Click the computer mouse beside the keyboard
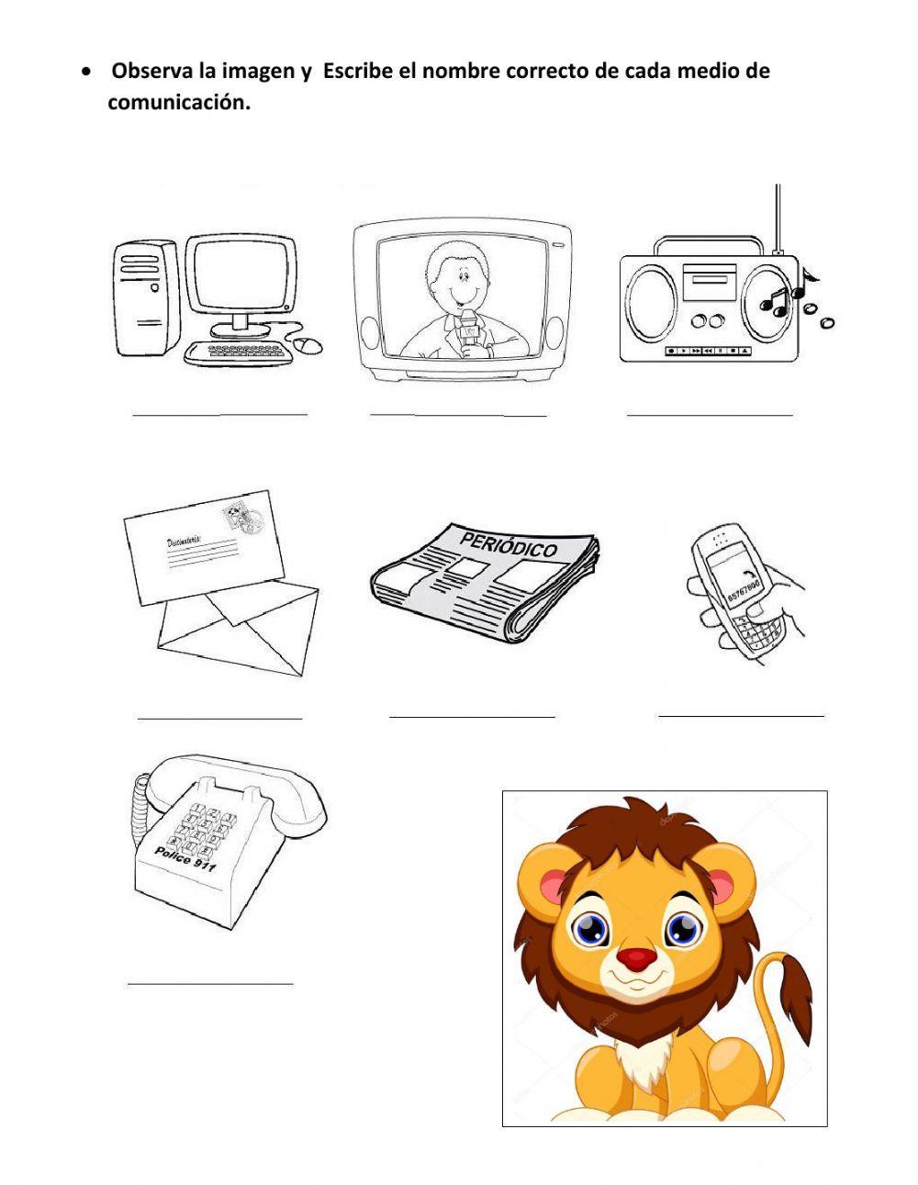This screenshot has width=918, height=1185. coord(308,345)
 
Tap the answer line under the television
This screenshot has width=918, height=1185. coord(458,415)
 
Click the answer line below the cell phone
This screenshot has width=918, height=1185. coord(741,714)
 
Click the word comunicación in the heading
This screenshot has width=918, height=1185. coord(178,103)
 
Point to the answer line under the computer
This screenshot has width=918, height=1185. coord(219,415)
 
